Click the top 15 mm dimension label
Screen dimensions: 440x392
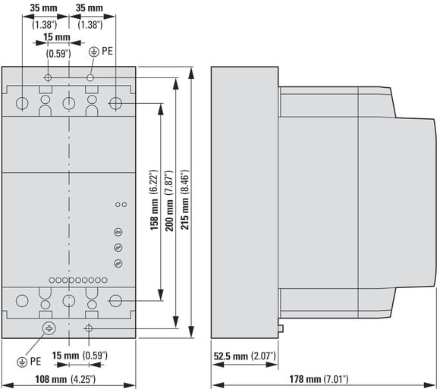57,36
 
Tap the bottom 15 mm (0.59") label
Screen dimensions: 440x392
80,356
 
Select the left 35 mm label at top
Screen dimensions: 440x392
43,8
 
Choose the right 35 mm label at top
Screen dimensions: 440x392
90,8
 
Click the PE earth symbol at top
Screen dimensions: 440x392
94,52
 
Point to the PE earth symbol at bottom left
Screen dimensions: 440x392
22,362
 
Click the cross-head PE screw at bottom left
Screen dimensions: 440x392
49,328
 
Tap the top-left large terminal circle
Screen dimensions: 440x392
22,103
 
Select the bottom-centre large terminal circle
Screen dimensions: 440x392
69,301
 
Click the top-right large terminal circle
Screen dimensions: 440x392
115,103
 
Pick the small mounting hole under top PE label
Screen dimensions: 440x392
90,77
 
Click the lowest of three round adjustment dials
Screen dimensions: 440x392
118,263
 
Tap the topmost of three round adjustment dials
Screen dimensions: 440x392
118,232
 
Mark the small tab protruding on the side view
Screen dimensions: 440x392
281,328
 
